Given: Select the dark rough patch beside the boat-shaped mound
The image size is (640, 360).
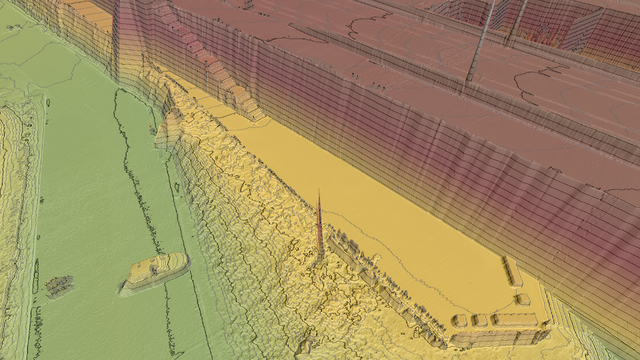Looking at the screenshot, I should tap(59, 285).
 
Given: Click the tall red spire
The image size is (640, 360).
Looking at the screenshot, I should tap(321, 227).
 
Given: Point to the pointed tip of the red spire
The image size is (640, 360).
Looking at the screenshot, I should tap(319, 191).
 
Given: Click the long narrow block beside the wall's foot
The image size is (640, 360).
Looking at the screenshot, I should tap(512, 271).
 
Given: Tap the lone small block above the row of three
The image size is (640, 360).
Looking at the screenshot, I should tap(523, 300).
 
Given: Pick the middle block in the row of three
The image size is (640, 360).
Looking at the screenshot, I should tap(480, 320).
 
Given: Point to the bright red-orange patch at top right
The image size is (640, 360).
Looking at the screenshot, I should tap(540, 33).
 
